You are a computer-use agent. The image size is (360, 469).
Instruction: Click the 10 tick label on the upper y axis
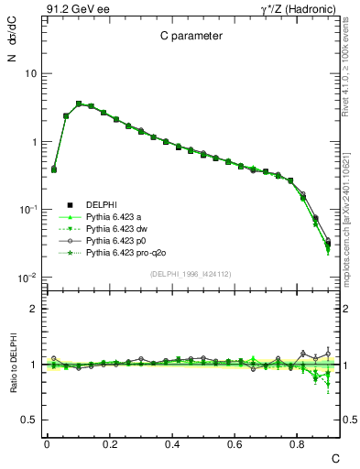tap(30, 74)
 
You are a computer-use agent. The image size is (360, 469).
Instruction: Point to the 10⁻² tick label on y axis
tap(27, 278)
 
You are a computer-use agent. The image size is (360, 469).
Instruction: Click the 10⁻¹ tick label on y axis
tap(27, 210)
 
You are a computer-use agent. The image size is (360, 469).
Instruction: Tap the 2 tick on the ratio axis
tap(33, 309)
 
